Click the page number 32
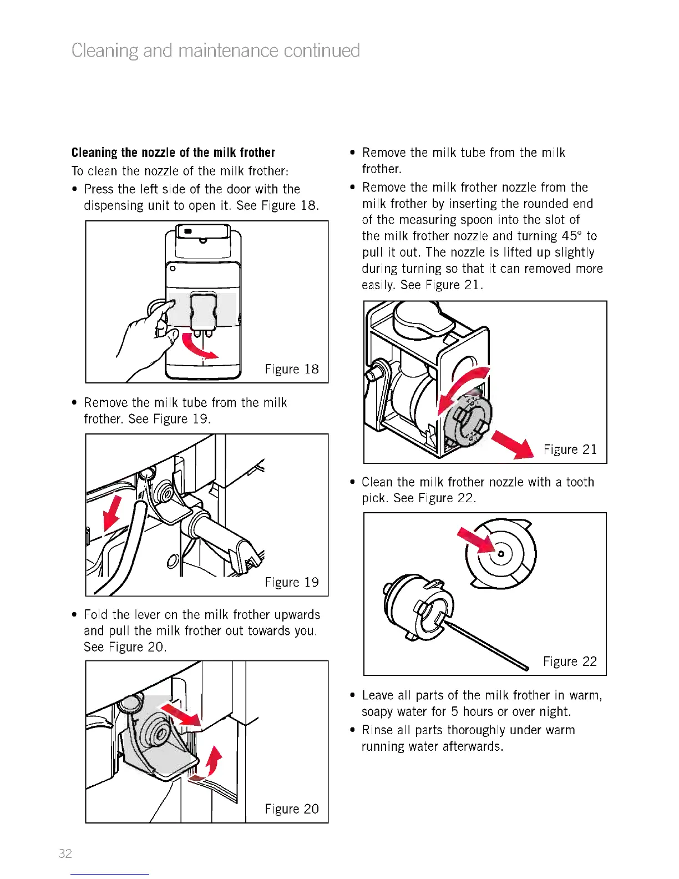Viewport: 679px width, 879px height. point(65,853)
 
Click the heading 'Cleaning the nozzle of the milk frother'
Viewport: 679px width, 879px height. point(173,153)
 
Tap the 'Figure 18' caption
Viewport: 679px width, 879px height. point(292,370)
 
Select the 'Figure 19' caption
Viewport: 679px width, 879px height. point(292,582)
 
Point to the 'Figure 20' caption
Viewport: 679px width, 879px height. point(292,809)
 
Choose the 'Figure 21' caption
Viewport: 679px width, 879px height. point(570,449)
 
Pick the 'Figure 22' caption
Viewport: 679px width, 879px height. point(570,661)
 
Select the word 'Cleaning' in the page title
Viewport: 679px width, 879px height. point(105,51)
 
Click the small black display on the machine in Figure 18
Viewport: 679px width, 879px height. point(188,231)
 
